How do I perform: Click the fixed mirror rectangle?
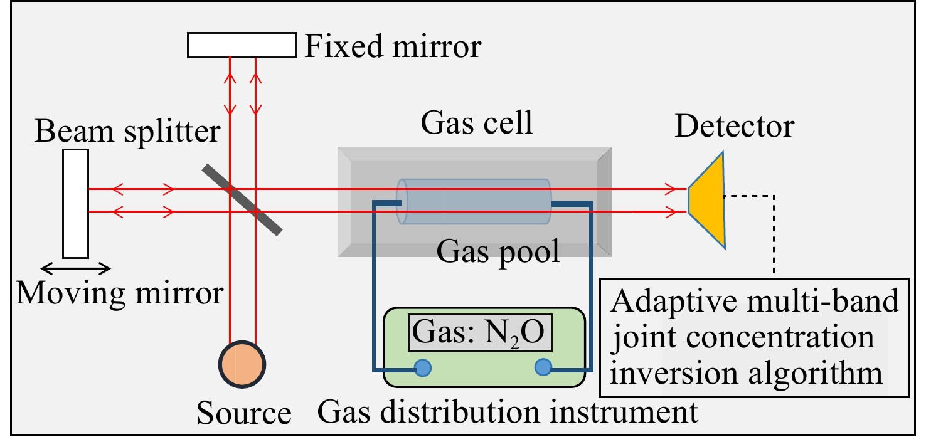[242, 45]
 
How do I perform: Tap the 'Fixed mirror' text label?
[393, 47]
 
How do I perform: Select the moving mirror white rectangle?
[75, 204]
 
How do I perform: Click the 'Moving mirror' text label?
[119, 293]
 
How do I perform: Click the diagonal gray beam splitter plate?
[242, 199]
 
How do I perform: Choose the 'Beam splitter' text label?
[127, 132]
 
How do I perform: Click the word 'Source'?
[244, 414]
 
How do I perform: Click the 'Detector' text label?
[734, 127]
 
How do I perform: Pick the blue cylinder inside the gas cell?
[474, 202]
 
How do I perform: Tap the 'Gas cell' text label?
[477, 123]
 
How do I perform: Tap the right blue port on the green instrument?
[543, 368]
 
